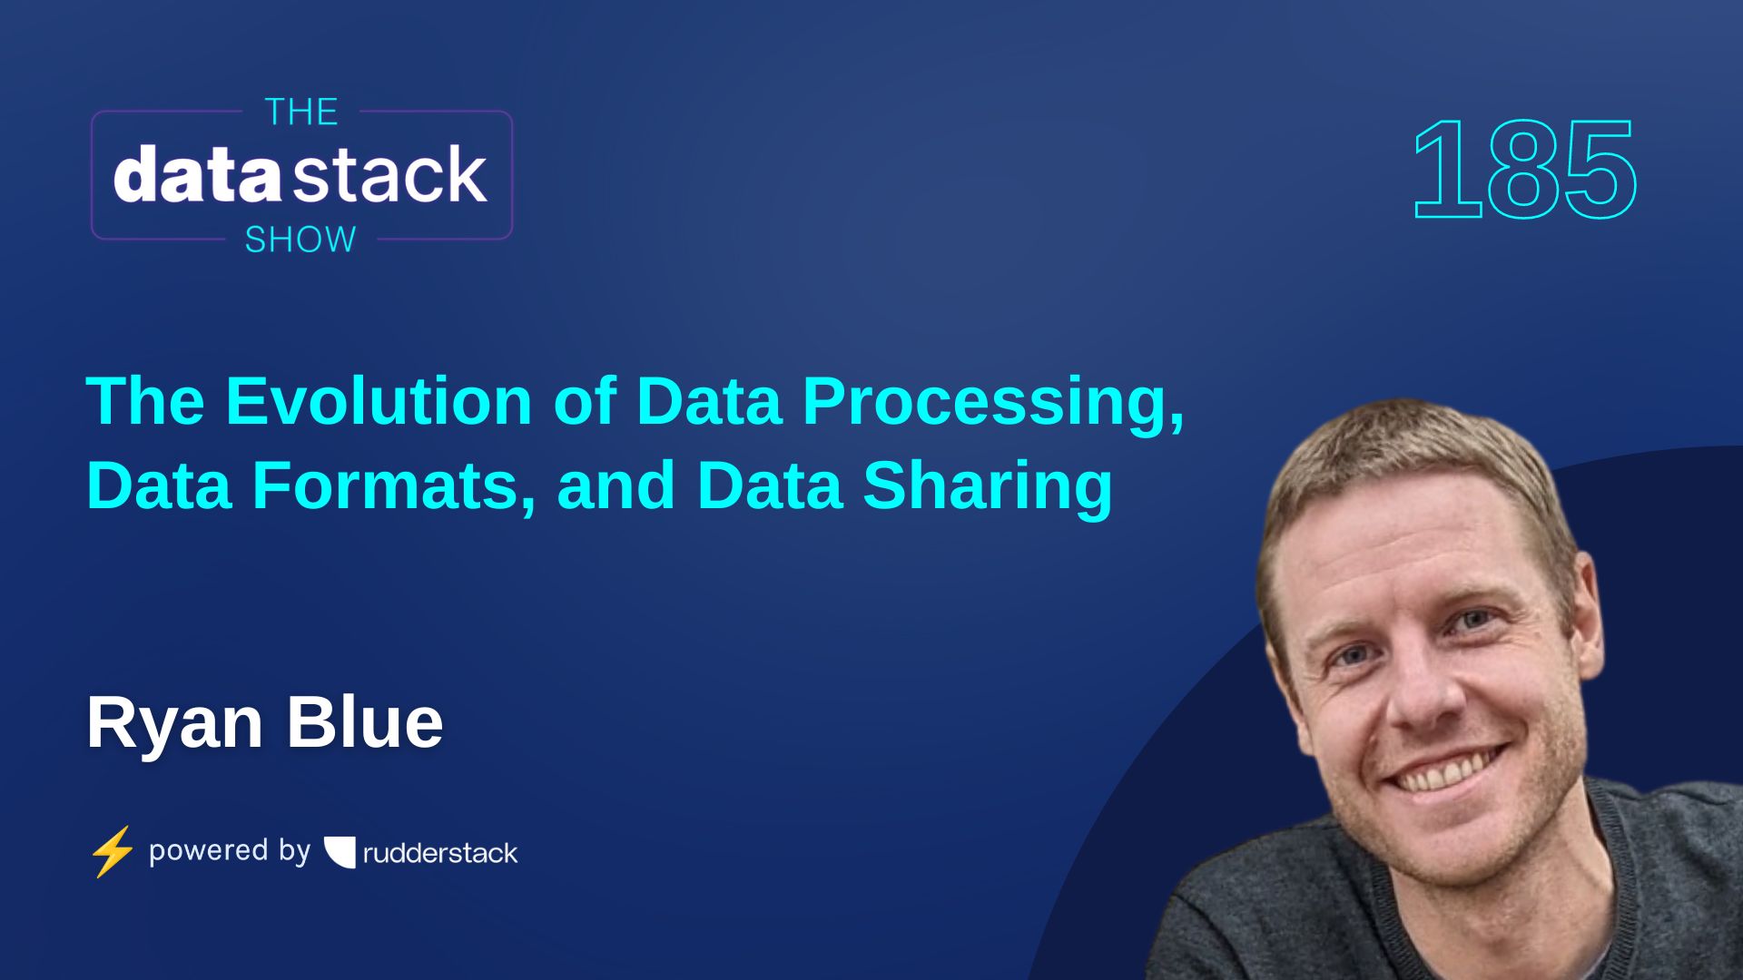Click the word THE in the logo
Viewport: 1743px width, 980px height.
(x=301, y=113)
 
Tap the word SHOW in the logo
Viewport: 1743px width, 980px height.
(x=300, y=240)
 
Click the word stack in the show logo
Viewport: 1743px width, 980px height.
(x=390, y=175)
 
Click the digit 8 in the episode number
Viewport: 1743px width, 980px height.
(x=1525, y=171)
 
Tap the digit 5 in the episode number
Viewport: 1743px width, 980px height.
(x=1599, y=171)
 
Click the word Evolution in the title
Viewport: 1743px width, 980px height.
(x=378, y=401)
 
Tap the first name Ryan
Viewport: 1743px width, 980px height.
(x=174, y=724)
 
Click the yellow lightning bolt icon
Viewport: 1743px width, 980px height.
(x=113, y=851)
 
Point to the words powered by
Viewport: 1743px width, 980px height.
(x=229, y=850)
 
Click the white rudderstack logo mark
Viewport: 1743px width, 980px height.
(x=340, y=852)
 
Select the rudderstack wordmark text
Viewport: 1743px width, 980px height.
(x=440, y=853)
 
